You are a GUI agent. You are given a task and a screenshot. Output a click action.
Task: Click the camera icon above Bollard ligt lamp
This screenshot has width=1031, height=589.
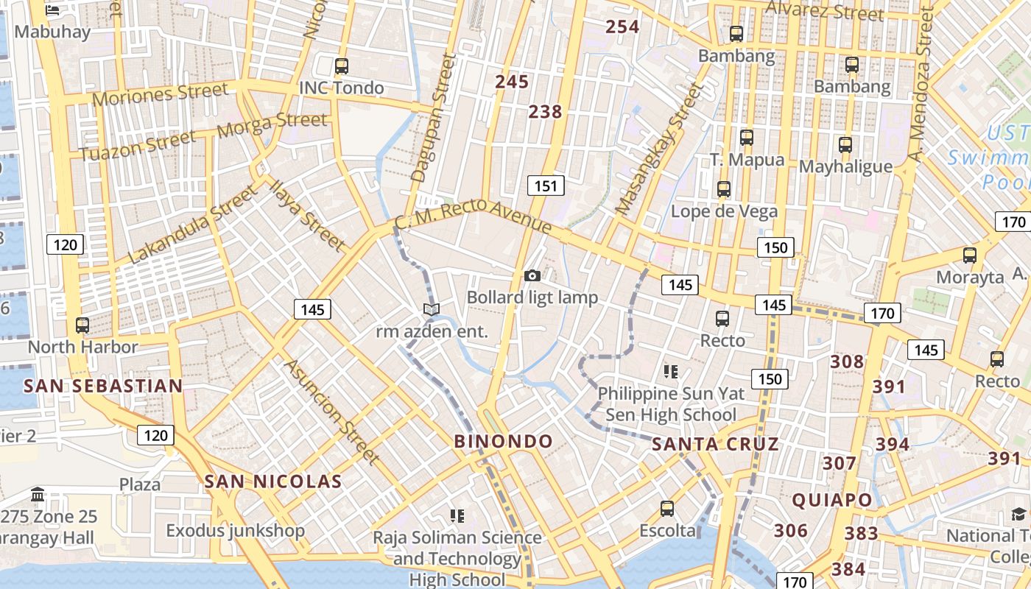532,276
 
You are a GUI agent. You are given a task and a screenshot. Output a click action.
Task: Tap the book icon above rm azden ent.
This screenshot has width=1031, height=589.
432,310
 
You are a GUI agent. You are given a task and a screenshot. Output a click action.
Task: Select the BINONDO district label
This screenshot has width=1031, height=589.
503,442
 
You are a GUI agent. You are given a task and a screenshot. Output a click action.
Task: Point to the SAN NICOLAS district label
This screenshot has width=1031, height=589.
273,482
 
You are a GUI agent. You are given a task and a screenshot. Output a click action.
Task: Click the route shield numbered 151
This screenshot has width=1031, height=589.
546,186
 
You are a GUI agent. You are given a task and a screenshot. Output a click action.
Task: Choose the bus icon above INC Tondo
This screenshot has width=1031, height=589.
341,66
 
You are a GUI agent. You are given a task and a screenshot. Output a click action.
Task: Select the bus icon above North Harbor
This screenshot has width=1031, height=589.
82,325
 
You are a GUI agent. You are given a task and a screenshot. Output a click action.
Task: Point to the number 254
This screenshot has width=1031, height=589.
622,27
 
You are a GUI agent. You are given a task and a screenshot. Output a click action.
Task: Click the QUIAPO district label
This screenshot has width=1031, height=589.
832,501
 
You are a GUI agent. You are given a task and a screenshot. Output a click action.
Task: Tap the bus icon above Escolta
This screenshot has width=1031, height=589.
667,508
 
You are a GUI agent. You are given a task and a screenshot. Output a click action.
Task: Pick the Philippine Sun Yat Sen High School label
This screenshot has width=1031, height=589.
671,404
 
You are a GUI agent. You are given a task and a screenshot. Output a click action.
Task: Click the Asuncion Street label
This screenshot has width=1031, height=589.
332,412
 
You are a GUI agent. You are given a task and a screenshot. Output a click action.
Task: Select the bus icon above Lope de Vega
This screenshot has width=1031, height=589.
724,189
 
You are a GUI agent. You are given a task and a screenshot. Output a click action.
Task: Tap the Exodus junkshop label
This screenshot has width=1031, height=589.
235,531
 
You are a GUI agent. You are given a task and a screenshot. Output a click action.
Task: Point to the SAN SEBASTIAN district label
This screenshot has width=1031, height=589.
103,387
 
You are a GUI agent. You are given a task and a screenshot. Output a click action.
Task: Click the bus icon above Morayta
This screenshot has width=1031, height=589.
970,255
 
